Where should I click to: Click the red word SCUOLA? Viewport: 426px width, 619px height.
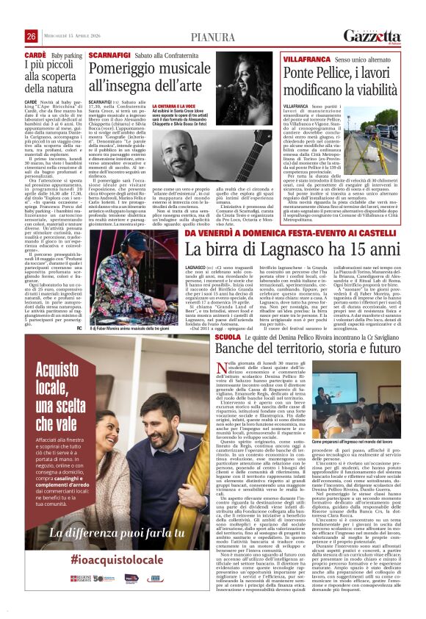click(x=227, y=336)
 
